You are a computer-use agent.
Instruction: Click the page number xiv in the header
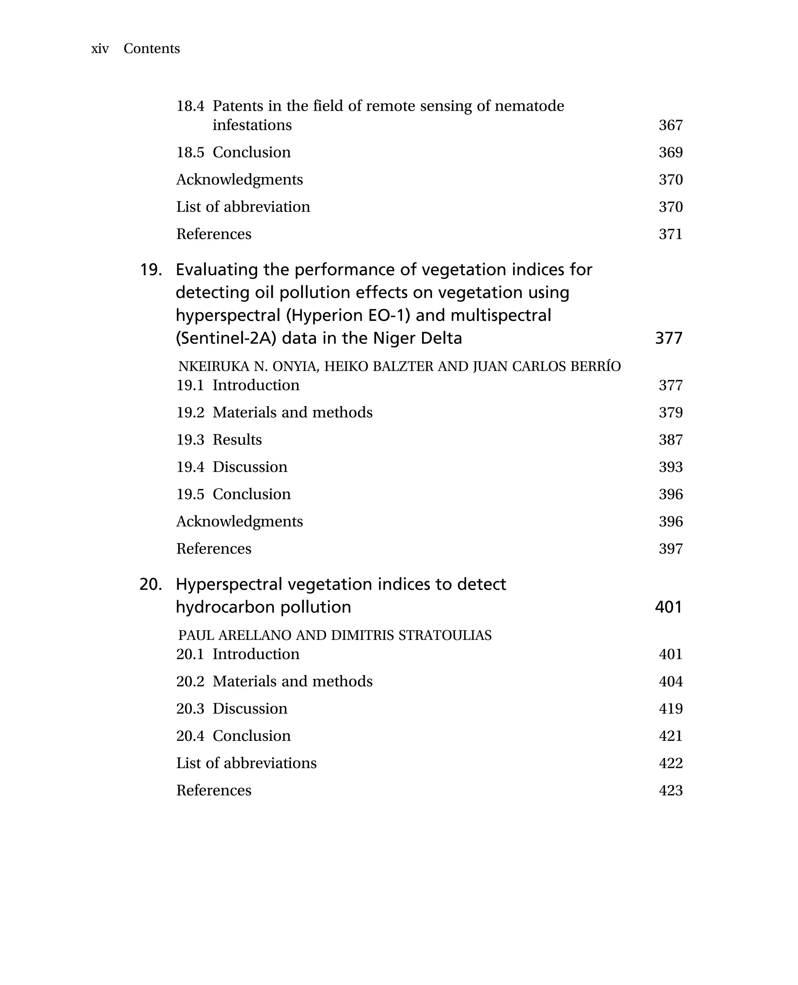click(100, 49)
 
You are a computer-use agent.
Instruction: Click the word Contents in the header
click(152, 48)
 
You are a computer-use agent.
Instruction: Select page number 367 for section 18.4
click(670, 125)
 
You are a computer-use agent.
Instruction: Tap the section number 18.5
click(190, 152)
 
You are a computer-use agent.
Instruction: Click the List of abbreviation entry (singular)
click(243, 207)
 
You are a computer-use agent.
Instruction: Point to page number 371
click(670, 234)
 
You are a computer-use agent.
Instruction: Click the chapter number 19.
click(151, 269)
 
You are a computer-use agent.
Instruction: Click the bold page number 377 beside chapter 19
click(668, 338)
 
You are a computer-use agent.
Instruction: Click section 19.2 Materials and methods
click(274, 413)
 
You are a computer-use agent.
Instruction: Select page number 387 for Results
click(670, 440)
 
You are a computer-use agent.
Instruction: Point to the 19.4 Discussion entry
click(232, 467)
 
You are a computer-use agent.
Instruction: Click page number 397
click(670, 549)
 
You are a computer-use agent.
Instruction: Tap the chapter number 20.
click(151, 584)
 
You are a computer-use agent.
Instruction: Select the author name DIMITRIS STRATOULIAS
click(411, 635)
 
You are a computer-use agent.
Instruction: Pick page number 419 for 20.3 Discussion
click(670, 709)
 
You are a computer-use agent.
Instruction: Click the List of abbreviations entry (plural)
click(246, 763)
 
